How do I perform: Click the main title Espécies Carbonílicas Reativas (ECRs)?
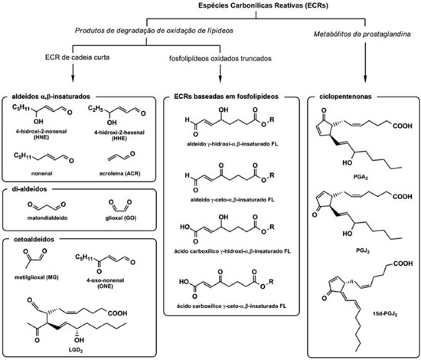click(263, 5)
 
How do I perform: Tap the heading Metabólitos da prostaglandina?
click(362, 34)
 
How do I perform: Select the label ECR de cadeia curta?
click(77, 57)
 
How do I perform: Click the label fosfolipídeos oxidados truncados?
click(220, 58)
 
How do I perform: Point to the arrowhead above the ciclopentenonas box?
click(365, 79)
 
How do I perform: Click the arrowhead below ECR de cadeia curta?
click(73, 78)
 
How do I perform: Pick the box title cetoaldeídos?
click(34, 239)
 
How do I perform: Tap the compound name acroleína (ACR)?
click(119, 174)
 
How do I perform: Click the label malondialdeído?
click(47, 218)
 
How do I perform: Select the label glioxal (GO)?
click(121, 218)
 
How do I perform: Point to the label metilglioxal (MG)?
click(37, 277)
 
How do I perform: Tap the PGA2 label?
click(361, 177)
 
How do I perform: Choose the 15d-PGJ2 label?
click(385, 313)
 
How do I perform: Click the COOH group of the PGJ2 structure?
click(403, 196)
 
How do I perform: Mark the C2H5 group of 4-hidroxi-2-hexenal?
click(96, 109)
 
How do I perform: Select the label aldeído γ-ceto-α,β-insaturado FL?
click(232, 200)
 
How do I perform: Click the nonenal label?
click(41, 174)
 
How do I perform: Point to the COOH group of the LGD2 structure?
click(118, 313)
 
